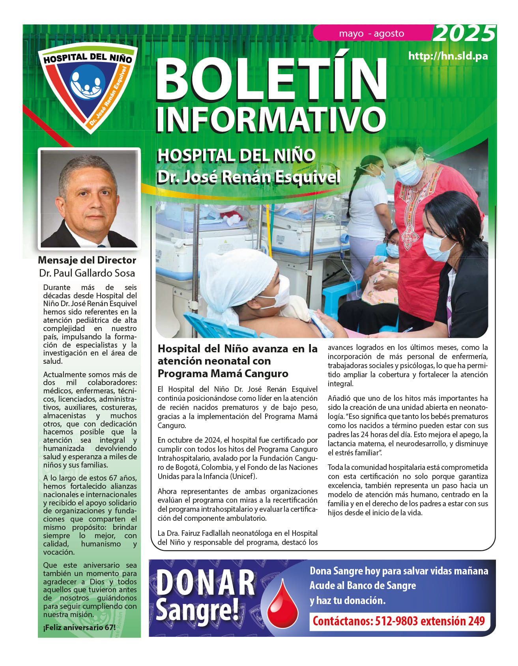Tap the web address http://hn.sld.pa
point(448,56)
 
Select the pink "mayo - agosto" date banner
point(371,34)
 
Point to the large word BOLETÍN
point(271,79)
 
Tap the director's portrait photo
point(89,198)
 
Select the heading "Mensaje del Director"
point(87,260)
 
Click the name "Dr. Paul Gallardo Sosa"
point(87,273)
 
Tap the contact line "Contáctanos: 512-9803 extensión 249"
point(398,621)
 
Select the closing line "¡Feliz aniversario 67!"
point(79,627)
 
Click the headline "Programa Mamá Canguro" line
point(223,373)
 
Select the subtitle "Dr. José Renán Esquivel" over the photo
point(249,177)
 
